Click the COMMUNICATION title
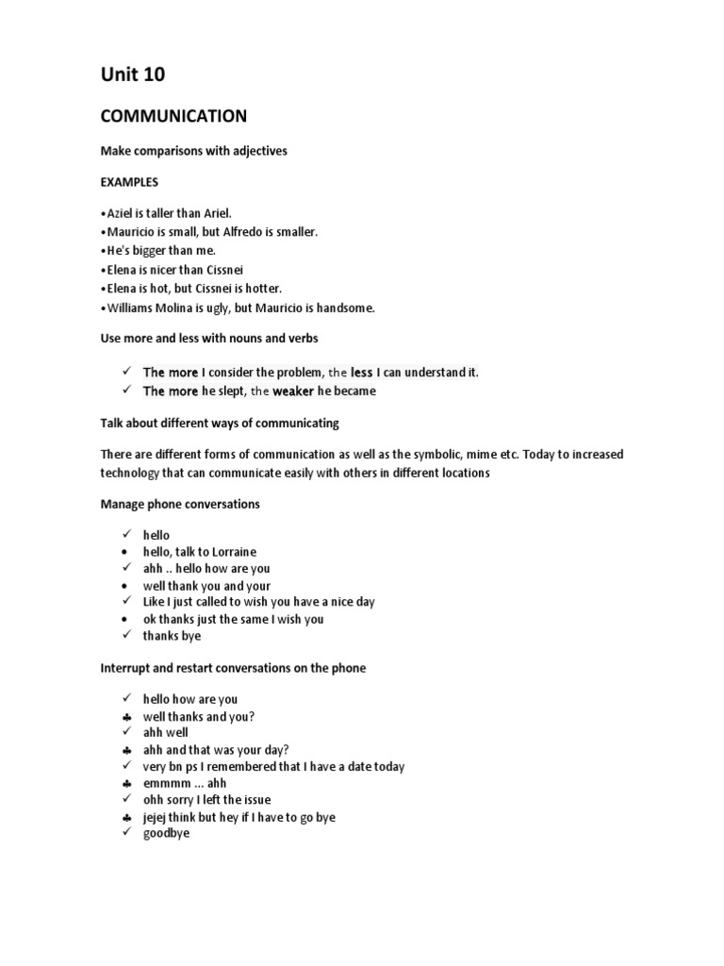coord(173,116)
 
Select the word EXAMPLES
coord(129,181)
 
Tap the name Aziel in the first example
coord(120,213)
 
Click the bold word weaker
coord(293,391)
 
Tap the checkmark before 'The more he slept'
coord(125,391)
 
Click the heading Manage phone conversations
coord(180,505)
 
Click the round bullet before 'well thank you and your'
coord(124,585)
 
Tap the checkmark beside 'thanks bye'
coord(125,636)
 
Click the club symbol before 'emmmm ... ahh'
coord(125,784)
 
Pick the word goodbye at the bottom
coord(166,834)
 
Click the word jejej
coord(157,818)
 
